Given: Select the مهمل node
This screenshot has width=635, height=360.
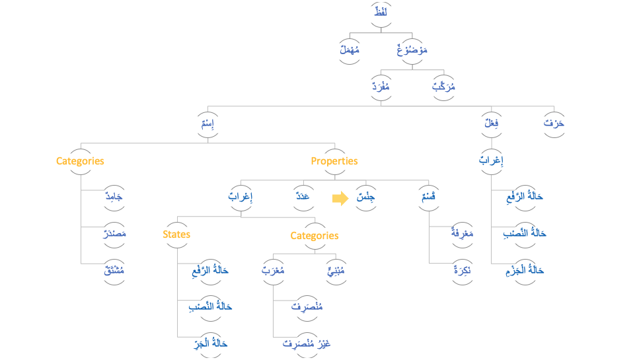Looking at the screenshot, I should (350, 50).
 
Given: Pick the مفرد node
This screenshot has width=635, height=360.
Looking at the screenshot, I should (381, 87).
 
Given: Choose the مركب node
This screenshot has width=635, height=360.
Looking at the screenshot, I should (444, 87).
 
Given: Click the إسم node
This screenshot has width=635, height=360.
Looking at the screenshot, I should (209, 124).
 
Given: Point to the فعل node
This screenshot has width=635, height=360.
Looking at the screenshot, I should (492, 124).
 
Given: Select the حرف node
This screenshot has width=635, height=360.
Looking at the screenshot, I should (554, 124).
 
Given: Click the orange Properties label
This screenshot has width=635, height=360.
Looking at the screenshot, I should (334, 161).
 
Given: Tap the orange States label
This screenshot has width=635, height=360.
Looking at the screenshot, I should (176, 234).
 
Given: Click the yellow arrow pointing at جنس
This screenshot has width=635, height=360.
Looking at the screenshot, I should (340, 198).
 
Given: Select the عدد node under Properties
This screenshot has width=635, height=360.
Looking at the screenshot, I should (303, 197).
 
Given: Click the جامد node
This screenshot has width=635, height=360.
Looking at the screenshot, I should (114, 197).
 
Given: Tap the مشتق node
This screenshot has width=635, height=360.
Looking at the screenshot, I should (114, 270).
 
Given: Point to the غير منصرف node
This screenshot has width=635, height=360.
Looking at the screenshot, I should (307, 343).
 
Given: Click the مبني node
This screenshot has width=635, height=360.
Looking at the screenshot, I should (336, 270).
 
